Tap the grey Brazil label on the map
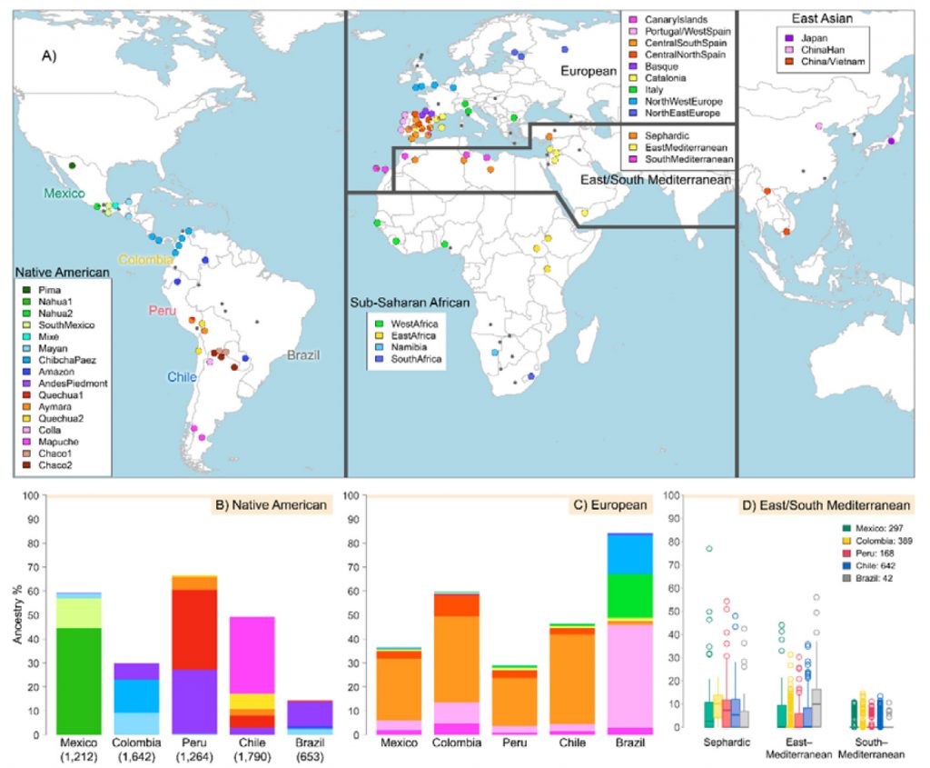(303, 354)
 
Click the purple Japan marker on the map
(891, 141)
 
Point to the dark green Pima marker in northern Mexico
(72, 165)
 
